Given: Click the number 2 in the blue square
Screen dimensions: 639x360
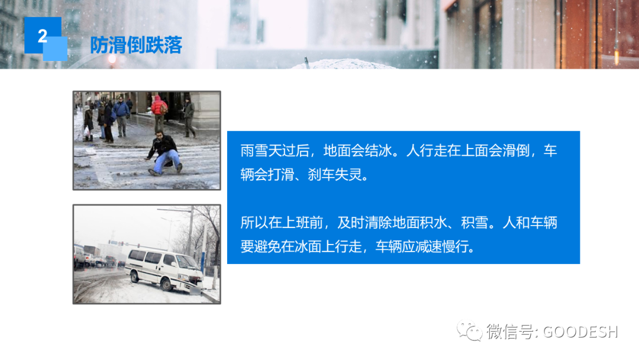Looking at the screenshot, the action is pos(43,36).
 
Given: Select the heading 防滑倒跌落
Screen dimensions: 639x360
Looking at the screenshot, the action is pos(136,45).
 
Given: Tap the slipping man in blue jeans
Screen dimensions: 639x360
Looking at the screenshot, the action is pos(164,153).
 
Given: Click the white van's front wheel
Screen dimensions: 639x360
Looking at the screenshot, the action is pos(166,284).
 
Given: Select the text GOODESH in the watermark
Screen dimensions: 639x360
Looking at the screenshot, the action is pos(580,332).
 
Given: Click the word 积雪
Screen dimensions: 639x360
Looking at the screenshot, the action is pos(475,223).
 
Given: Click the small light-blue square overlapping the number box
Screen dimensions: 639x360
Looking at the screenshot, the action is pos(55,49).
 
